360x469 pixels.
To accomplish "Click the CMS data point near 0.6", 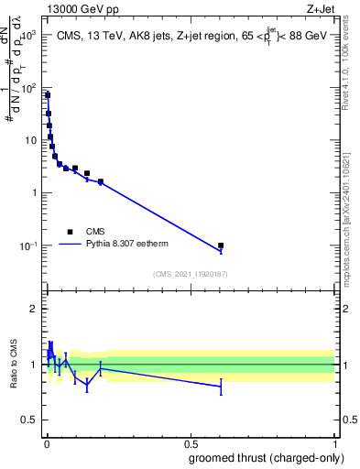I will (221, 245).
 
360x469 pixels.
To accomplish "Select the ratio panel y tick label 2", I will (33, 309).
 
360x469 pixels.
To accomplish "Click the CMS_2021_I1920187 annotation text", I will (190, 274).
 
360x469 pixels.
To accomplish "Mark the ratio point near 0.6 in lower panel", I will (221, 387).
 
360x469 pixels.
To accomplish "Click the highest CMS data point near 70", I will (48, 95).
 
